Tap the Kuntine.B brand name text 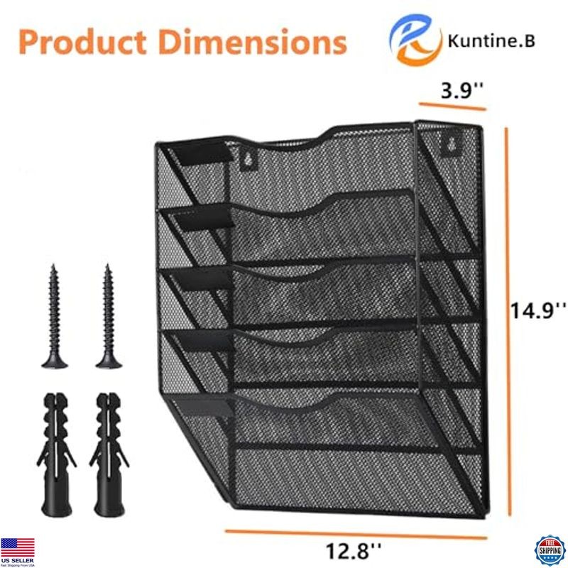click(491, 40)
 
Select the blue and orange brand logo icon click(416, 41)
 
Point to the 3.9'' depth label click(462, 90)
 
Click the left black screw click(55, 316)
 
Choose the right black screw click(106, 316)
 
